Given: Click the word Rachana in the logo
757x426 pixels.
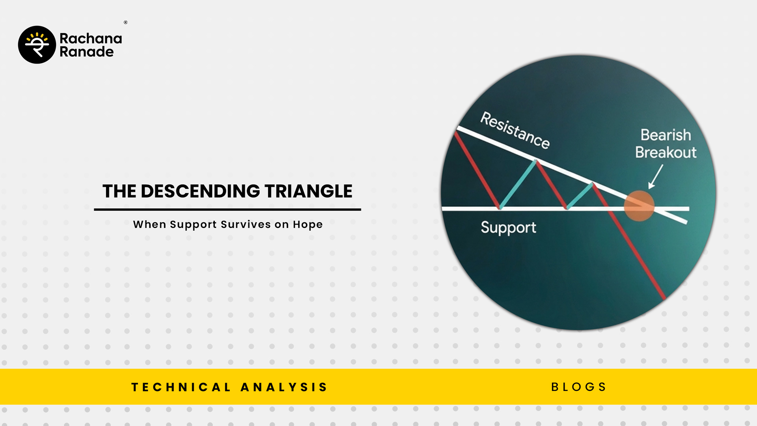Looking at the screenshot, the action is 91,38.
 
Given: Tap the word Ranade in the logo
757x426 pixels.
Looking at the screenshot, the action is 87,52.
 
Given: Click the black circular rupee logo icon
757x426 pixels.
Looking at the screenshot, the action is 37,45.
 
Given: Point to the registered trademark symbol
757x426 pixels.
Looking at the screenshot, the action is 125,22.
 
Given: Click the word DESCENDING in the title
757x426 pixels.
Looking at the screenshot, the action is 200,191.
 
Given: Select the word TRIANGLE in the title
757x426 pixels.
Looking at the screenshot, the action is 308,191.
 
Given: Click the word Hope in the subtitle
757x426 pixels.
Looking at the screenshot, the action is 308,225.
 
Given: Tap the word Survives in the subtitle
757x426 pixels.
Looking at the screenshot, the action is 246,224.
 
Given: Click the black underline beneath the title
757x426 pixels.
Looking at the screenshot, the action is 227,209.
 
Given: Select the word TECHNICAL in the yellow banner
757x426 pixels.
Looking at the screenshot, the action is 181,387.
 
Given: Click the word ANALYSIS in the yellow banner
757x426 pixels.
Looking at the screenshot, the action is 284,387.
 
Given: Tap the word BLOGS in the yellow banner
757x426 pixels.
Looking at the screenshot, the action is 578,387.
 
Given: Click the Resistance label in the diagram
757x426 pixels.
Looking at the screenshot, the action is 515,130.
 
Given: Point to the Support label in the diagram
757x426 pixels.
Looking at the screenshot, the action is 508,228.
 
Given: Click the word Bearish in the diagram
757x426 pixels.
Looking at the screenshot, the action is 666,135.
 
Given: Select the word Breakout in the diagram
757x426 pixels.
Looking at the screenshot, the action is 666,152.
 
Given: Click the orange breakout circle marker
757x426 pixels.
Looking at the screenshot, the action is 639,206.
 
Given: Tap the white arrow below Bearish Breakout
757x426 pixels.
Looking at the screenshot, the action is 656,176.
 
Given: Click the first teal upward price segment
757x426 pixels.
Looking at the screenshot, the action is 518,184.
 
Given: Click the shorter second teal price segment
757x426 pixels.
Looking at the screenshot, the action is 579,196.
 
